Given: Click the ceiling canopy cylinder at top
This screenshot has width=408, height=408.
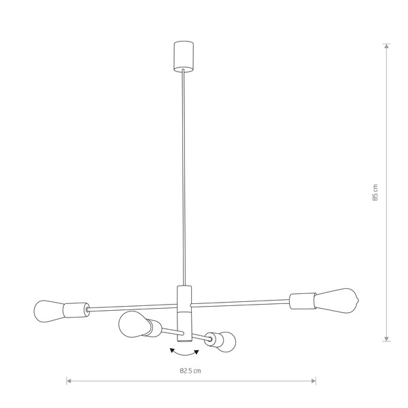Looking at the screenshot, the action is click(x=184, y=56).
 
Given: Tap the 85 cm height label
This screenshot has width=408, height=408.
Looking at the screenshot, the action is click(x=375, y=192).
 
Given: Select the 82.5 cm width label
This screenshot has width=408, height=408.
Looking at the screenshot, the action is click(x=190, y=371).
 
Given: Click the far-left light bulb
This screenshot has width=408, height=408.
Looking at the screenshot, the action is click(x=49, y=311).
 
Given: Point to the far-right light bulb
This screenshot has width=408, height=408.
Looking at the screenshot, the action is click(x=337, y=301).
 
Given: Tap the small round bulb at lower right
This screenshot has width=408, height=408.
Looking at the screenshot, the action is click(x=226, y=342).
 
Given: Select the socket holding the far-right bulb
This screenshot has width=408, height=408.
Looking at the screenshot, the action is click(x=303, y=301).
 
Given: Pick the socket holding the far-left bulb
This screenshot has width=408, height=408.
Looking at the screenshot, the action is click(x=76, y=310).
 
